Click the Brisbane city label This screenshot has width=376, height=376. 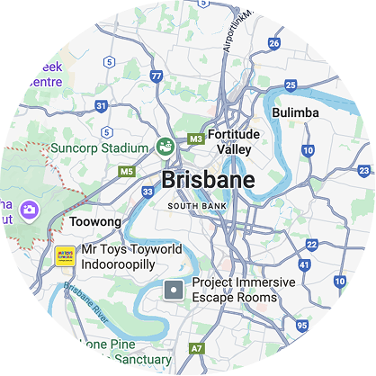pyautogui.click(x=207, y=180)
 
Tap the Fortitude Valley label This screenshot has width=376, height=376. pyautogui.click(x=233, y=142)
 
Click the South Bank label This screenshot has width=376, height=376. pyautogui.click(x=194, y=206)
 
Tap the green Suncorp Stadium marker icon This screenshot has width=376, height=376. pyautogui.click(x=166, y=145)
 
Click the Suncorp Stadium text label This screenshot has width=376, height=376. pyautogui.click(x=99, y=148)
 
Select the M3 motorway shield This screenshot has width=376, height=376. pyautogui.click(x=195, y=139)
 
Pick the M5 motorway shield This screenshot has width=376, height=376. pyautogui.click(x=127, y=171)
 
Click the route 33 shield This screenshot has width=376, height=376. pyautogui.click(x=148, y=192)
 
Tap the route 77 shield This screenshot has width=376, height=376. pyautogui.click(x=157, y=77)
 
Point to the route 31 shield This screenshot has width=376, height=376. pyautogui.click(x=101, y=106)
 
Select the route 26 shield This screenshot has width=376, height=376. pyautogui.click(x=273, y=43)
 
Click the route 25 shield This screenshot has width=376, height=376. pyautogui.click(x=290, y=85)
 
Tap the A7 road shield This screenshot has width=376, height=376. pyautogui.click(x=197, y=347)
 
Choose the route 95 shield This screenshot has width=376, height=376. pyautogui.click(x=300, y=325)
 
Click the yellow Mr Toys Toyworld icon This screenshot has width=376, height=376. pyautogui.click(x=65, y=255)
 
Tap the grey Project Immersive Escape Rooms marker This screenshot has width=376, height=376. pyautogui.click(x=173, y=290)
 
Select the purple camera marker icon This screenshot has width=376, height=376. pyautogui.click(x=30, y=210)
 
